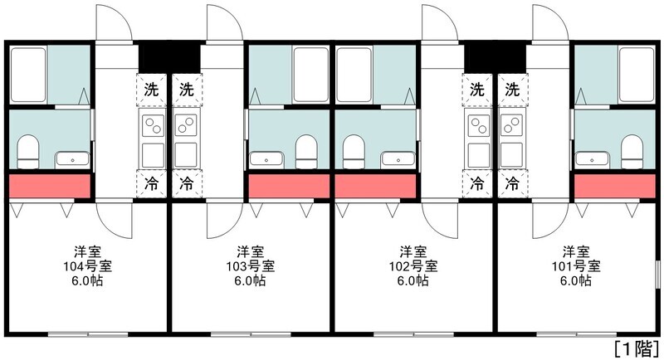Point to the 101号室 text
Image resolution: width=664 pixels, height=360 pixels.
coord(575,265)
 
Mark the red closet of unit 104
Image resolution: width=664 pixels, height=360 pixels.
coord(49,187)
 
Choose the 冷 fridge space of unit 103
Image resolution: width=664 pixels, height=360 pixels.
coord(187,181)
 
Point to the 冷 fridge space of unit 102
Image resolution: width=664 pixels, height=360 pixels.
coord(476,181)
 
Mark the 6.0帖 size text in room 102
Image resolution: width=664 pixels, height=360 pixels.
coord(413,280)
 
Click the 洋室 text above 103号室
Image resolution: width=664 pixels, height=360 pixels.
coord(250,251)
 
